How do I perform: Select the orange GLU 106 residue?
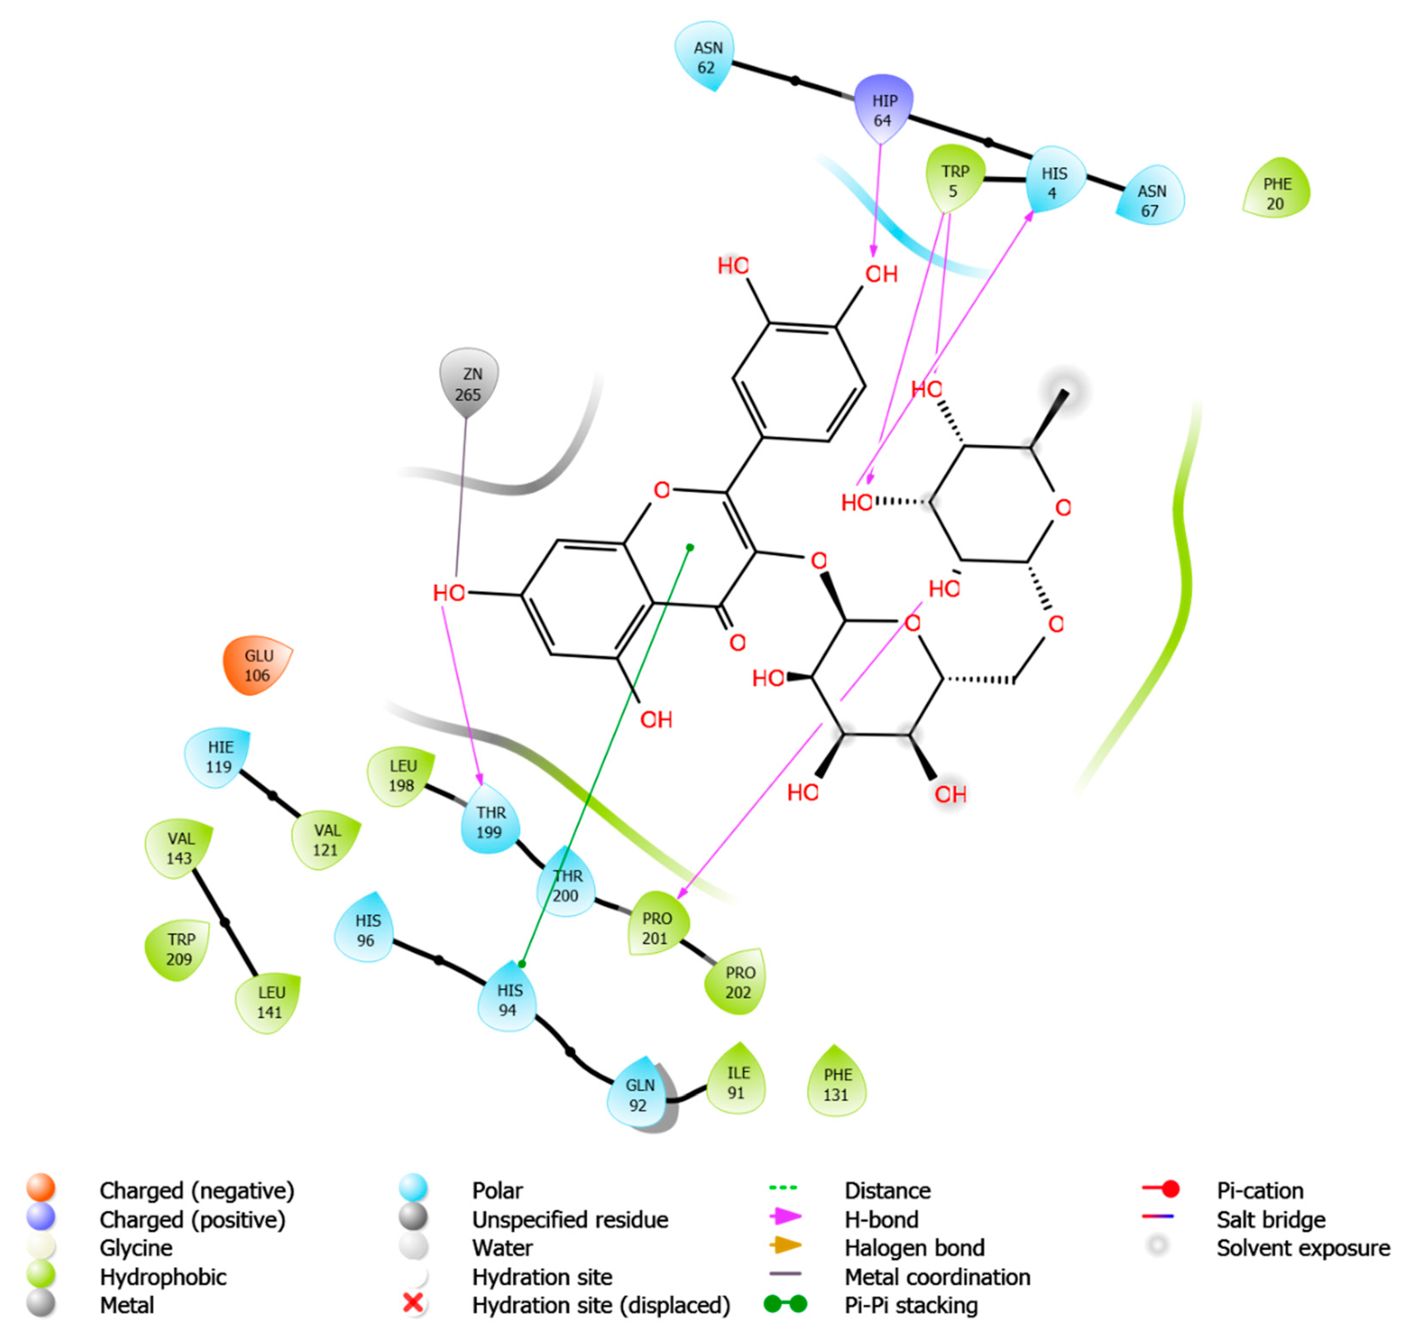(x=257, y=666)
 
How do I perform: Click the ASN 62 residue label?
(x=707, y=57)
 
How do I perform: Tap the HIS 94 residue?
(x=508, y=999)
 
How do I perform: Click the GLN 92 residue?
(x=638, y=1094)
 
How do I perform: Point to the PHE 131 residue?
(x=836, y=1083)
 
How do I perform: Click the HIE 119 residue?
(x=219, y=756)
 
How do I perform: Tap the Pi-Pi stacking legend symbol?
(x=785, y=1304)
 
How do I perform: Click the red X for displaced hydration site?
(x=413, y=1302)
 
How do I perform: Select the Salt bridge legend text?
(x=1270, y=1219)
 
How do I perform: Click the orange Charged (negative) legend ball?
(x=41, y=1188)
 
